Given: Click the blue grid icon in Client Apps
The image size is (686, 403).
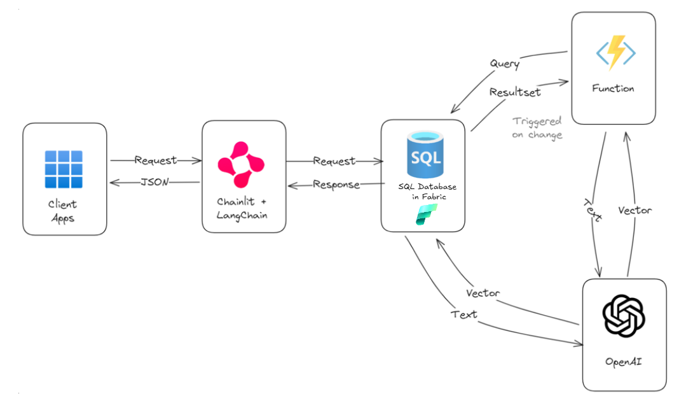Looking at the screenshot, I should (x=64, y=169).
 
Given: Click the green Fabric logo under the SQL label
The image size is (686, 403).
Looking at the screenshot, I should (x=423, y=214).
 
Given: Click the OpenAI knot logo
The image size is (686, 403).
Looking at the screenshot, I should (x=624, y=316).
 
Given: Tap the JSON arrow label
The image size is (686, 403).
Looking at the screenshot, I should (x=154, y=182).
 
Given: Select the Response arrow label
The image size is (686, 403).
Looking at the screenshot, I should (x=336, y=185).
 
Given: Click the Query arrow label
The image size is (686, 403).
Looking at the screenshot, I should (x=504, y=64).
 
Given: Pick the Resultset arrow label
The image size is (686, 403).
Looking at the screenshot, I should (x=514, y=92).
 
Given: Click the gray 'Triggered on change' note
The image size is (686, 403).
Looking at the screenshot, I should (x=537, y=127).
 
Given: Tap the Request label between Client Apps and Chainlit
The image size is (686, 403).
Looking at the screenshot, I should (x=154, y=160).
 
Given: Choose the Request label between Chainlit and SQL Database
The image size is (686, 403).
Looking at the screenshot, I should (x=334, y=161).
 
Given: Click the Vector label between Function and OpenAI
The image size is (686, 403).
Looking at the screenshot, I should (x=635, y=209).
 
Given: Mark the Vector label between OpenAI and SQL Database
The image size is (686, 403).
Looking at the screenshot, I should (x=483, y=293).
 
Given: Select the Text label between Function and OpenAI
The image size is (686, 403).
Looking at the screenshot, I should (x=593, y=209).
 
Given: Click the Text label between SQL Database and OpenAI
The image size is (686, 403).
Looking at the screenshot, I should (x=463, y=314).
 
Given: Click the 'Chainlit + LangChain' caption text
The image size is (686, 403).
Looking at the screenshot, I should (x=242, y=208).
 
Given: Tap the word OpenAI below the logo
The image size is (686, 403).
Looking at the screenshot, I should (x=624, y=362).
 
